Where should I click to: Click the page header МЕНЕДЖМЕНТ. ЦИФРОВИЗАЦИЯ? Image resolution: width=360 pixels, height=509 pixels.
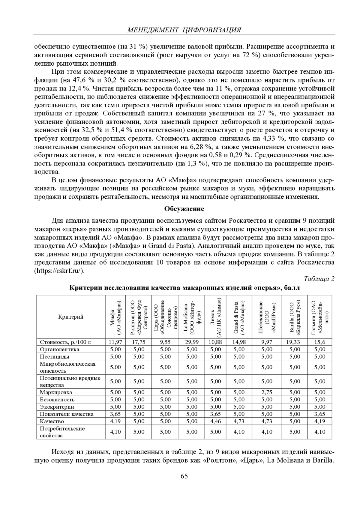184,30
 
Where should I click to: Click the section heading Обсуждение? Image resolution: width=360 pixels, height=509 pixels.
184,209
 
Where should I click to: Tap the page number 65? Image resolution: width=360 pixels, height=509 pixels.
184,476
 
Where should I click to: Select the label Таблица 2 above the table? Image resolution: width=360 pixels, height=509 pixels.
319,279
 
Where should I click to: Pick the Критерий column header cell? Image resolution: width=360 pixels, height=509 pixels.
71,317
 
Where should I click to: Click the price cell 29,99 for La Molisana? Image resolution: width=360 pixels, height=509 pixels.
192,342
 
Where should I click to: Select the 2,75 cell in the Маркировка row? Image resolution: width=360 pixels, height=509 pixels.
267,392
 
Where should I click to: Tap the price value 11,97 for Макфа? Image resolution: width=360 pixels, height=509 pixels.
115,342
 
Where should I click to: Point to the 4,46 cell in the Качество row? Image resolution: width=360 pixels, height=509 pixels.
215,421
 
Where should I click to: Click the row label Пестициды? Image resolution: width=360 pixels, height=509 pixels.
55,356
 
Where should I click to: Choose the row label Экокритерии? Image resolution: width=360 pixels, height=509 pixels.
57,407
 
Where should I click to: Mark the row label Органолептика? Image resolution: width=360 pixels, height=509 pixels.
60,349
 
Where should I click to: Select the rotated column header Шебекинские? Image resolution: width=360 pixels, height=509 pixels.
267,317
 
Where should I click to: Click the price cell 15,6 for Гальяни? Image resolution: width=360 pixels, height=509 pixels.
320,342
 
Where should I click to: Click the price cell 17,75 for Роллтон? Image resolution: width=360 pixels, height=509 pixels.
139,342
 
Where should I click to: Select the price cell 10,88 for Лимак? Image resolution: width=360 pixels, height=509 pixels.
215,342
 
